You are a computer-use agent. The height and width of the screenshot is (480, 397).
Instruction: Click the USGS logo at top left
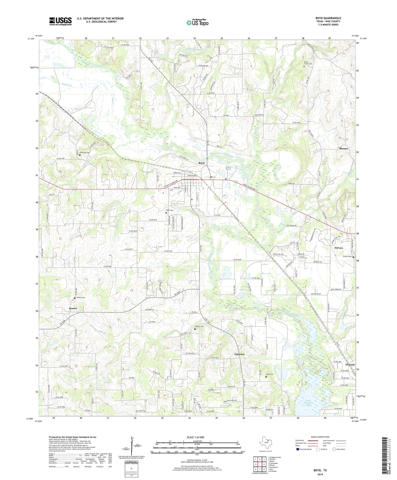(60, 21)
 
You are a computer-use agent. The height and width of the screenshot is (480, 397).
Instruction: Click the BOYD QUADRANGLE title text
(328, 18)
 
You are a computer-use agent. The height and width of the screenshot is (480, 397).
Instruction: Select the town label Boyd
(201, 163)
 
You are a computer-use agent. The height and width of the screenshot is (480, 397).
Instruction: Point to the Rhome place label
(343, 149)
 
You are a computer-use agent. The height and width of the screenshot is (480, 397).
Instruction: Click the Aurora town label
(339, 248)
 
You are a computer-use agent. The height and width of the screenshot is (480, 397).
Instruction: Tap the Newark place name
(350, 365)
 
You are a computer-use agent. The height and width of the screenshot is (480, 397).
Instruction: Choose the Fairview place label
(239, 354)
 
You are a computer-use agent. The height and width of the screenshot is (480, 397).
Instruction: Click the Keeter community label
(73, 308)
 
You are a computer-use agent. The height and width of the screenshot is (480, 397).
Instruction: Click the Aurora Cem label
(347, 257)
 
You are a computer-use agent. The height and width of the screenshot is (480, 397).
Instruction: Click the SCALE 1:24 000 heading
(197, 437)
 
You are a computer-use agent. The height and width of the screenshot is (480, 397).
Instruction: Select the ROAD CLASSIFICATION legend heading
(320, 437)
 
